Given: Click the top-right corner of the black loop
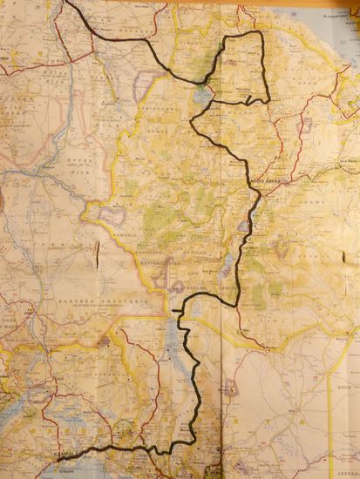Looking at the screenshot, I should [x=260, y=33].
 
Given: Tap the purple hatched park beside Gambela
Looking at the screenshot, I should [x=110, y=212].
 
